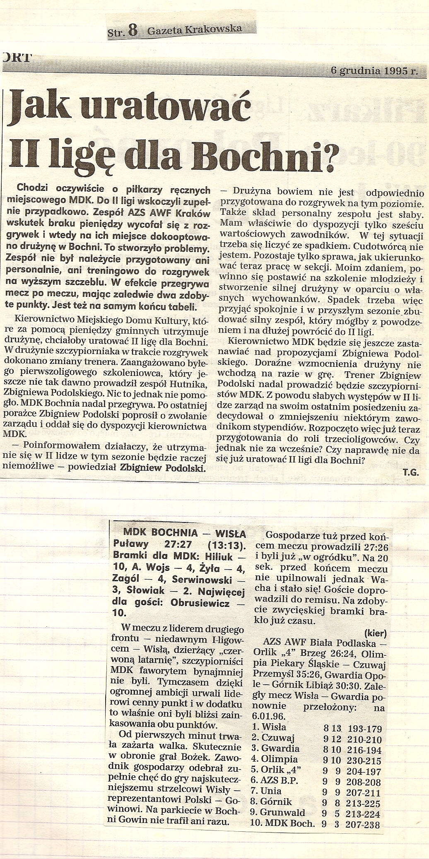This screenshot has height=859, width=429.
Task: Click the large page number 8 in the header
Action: pyautogui.click(x=132, y=31)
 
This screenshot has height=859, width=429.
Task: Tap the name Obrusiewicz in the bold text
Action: pyautogui.click(x=202, y=603)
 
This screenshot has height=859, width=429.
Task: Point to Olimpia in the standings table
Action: pyautogui.click(x=279, y=759)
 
